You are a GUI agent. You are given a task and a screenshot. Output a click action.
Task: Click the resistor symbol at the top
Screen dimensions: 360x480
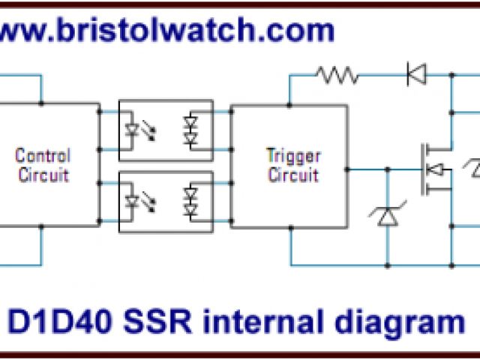pyautogui.click(x=337, y=74)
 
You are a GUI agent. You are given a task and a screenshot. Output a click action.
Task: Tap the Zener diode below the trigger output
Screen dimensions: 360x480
pyautogui.click(x=388, y=217)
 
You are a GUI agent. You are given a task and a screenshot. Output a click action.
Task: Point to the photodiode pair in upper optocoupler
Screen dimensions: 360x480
pyautogui.click(x=191, y=130)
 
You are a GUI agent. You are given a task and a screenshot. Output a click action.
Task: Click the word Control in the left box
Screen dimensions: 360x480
pyautogui.click(x=43, y=157)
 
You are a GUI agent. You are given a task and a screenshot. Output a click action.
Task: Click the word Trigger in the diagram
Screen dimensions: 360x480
pyautogui.click(x=293, y=157)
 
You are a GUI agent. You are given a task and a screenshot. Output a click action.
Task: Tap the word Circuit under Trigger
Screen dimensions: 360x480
pyautogui.click(x=293, y=175)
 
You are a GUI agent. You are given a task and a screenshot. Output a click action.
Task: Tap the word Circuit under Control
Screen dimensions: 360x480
pyautogui.click(x=43, y=175)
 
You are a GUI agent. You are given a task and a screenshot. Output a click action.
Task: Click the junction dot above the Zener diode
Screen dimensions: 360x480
pyautogui.click(x=388, y=170)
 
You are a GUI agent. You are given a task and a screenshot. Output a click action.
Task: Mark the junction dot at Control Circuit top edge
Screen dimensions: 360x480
pyautogui.click(x=41, y=103)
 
